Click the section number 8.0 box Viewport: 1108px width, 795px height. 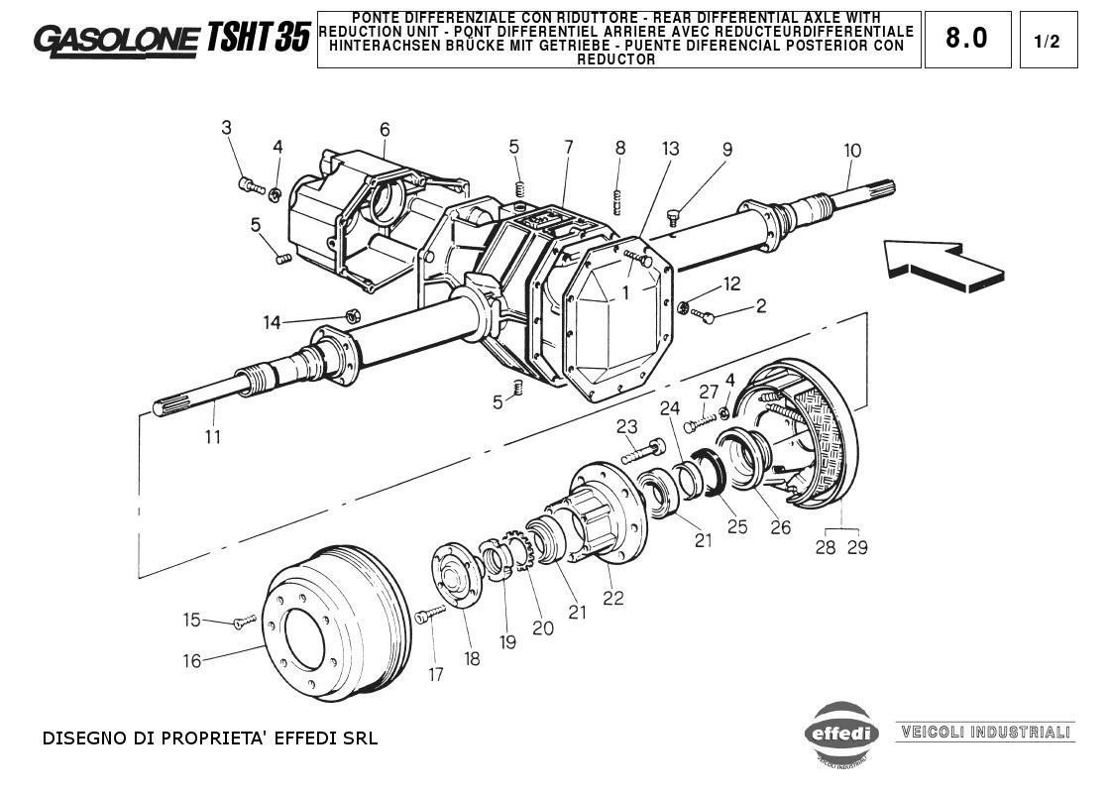pos(966,39)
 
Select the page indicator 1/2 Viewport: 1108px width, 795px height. pos(1047,41)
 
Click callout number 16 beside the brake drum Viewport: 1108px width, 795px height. pos(191,661)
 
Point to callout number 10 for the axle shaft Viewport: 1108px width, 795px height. pos(852,151)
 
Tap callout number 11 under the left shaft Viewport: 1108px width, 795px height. pos(212,436)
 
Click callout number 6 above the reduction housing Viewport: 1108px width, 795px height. pos(385,129)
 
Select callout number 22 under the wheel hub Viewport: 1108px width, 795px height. pos(613,597)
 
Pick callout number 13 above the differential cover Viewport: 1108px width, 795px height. pos(671,149)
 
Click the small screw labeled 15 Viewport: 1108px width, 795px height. pos(241,624)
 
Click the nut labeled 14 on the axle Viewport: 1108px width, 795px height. pos(351,316)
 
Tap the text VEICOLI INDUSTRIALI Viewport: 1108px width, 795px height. pos(985,733)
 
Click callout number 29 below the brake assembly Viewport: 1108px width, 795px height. pos(857,547)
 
